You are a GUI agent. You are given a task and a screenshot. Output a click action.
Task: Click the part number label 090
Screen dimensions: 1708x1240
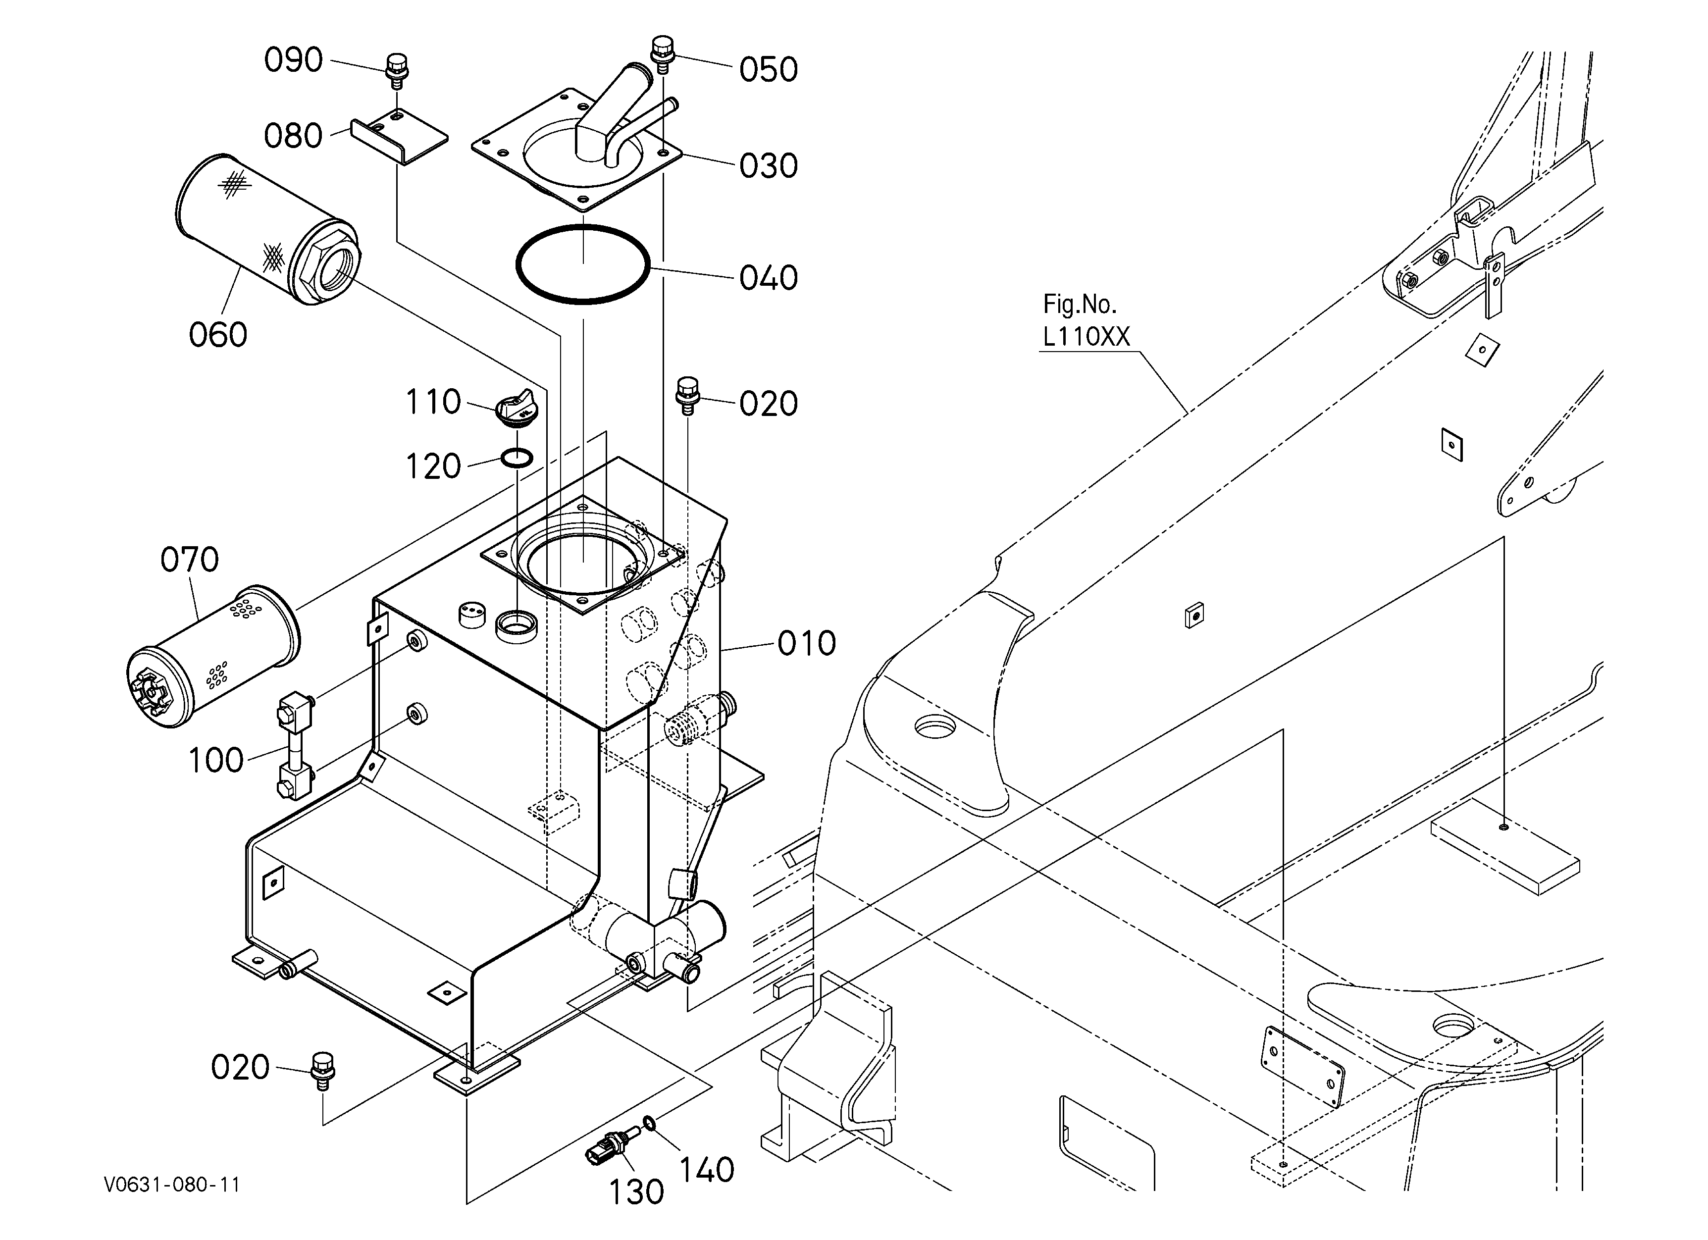click(x=293, y=60)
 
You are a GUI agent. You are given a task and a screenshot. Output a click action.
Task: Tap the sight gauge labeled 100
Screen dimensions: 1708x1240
click(x=295, y=748)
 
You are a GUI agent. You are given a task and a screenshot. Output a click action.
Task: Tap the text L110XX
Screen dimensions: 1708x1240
click(x=1087, y=337)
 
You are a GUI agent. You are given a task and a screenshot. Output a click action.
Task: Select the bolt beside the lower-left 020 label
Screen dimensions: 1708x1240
click(x=322, y=1070)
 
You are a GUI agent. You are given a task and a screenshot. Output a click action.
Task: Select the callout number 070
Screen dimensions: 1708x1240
click(x=190, y=560)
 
